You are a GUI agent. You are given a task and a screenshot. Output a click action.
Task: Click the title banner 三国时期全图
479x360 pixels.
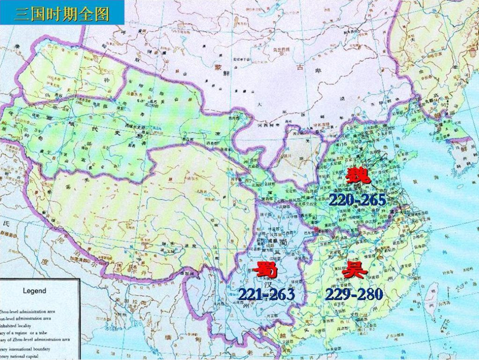[x=62, y=13]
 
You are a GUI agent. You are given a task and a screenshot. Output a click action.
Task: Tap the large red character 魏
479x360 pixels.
[x=357, y=177]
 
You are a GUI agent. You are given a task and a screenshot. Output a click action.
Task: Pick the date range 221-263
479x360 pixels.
[x=266, y=294]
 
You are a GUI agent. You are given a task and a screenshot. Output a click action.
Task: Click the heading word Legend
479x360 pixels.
[x=34, y=290]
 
